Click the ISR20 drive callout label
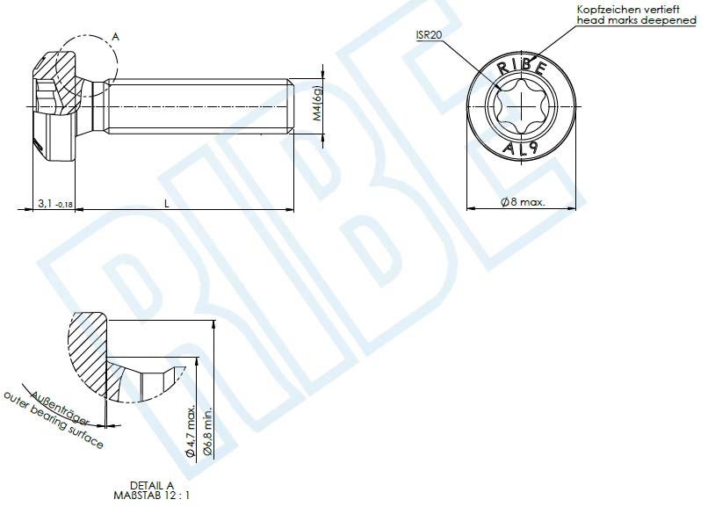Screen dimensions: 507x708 [x=430, y=34]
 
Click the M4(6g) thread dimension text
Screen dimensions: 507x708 [x=318, y=108]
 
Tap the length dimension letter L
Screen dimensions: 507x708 [x=167, y=203]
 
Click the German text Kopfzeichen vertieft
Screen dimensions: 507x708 [x=625, y=8]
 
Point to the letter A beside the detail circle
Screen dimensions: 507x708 [x=115, y=37]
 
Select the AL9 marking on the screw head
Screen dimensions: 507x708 [x=522, y=149]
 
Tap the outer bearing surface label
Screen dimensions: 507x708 [x=53, y=423]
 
